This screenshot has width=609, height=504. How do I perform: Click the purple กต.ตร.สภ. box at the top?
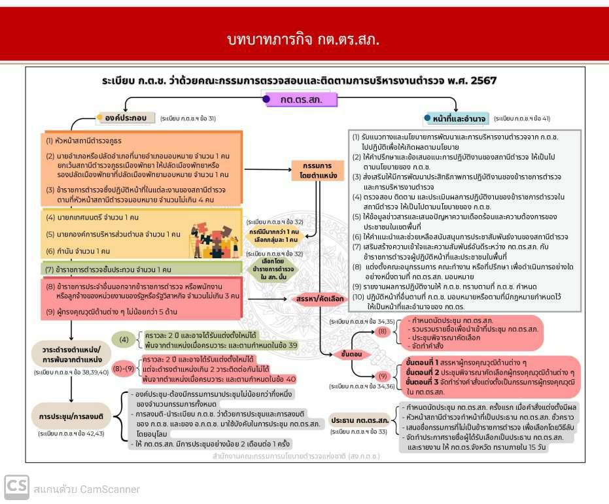pos(302,100)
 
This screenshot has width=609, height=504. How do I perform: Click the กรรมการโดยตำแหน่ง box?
pos(317,171)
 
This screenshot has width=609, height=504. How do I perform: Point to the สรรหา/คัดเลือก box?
pos(320,298)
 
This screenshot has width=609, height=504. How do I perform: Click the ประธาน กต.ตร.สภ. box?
pos(360,420)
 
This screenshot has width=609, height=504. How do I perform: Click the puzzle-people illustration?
pos(213,238)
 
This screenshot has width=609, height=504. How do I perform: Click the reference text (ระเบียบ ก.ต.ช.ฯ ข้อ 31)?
pos(188,119)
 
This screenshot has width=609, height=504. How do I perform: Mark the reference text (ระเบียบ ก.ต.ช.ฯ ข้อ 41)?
pos(522,119)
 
